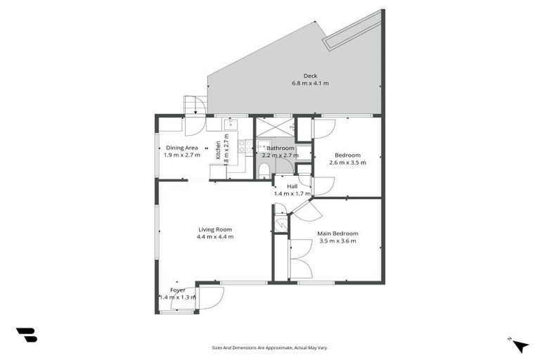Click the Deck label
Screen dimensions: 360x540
[x=310, y=76]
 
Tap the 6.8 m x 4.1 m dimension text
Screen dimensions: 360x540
[x=310, y=84]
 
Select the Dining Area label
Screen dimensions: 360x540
[x=181, y=148]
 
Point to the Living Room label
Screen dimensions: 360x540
[x=214, y=229]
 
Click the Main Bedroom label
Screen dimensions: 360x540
[x=337, y=233]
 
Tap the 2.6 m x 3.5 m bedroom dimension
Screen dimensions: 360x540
[x=347, y=162]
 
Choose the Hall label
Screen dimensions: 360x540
[x=292, y=186]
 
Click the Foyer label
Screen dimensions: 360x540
[x=178, y=290]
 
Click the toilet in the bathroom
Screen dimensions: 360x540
[x=263, y=170]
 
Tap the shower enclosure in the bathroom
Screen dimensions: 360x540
[x=274, y=128]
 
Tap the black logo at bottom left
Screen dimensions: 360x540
[x=26, y=335]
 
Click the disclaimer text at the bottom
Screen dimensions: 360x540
[x=270, y=347]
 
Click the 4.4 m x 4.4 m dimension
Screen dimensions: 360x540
[x=214, y=237]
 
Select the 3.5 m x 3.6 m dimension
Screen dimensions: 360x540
[x=337, y=241]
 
